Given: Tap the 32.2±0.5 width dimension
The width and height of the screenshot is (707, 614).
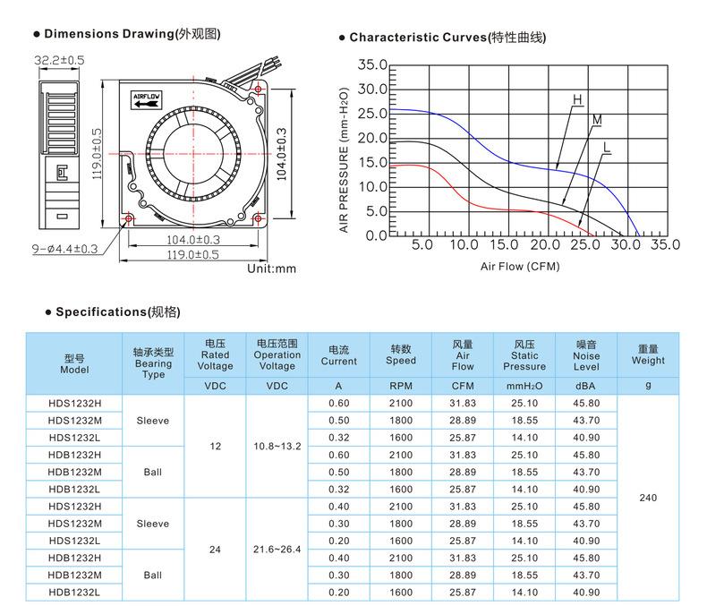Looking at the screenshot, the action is (59, 60).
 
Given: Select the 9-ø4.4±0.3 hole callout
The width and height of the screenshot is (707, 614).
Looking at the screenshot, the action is (64, 249).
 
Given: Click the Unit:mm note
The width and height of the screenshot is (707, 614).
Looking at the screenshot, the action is (271, 269).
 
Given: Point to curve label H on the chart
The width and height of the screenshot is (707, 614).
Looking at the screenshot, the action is (577, 99).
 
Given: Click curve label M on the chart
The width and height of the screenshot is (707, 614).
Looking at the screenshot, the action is (597, 120).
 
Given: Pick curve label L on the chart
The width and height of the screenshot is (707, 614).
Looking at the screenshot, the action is (607, 148).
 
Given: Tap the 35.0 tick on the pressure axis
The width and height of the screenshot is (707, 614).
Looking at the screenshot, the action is (372, 65).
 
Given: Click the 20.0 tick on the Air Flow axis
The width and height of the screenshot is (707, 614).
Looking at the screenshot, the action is (545, 244).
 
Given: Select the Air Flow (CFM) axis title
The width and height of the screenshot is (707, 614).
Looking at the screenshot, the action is (520, 267).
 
